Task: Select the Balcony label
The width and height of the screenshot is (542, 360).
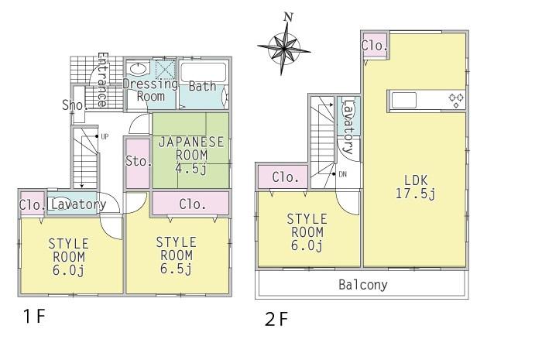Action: [362, 284]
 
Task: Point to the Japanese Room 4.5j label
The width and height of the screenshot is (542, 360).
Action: [190, 155]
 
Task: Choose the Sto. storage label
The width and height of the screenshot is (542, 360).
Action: [136, 162]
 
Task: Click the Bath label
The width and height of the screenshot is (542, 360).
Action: [202, 87]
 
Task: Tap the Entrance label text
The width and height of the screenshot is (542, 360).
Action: [101, 80]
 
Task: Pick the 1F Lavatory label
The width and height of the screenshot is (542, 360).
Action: [77, 204]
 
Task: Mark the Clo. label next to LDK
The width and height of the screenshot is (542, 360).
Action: [373, 46]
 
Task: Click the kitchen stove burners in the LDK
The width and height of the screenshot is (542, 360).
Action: [455, 100]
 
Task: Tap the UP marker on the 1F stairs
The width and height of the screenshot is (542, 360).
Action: [103, 137]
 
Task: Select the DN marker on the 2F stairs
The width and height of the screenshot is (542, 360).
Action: [342, 174]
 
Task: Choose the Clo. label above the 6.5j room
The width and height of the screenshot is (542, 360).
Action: [191, 204]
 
